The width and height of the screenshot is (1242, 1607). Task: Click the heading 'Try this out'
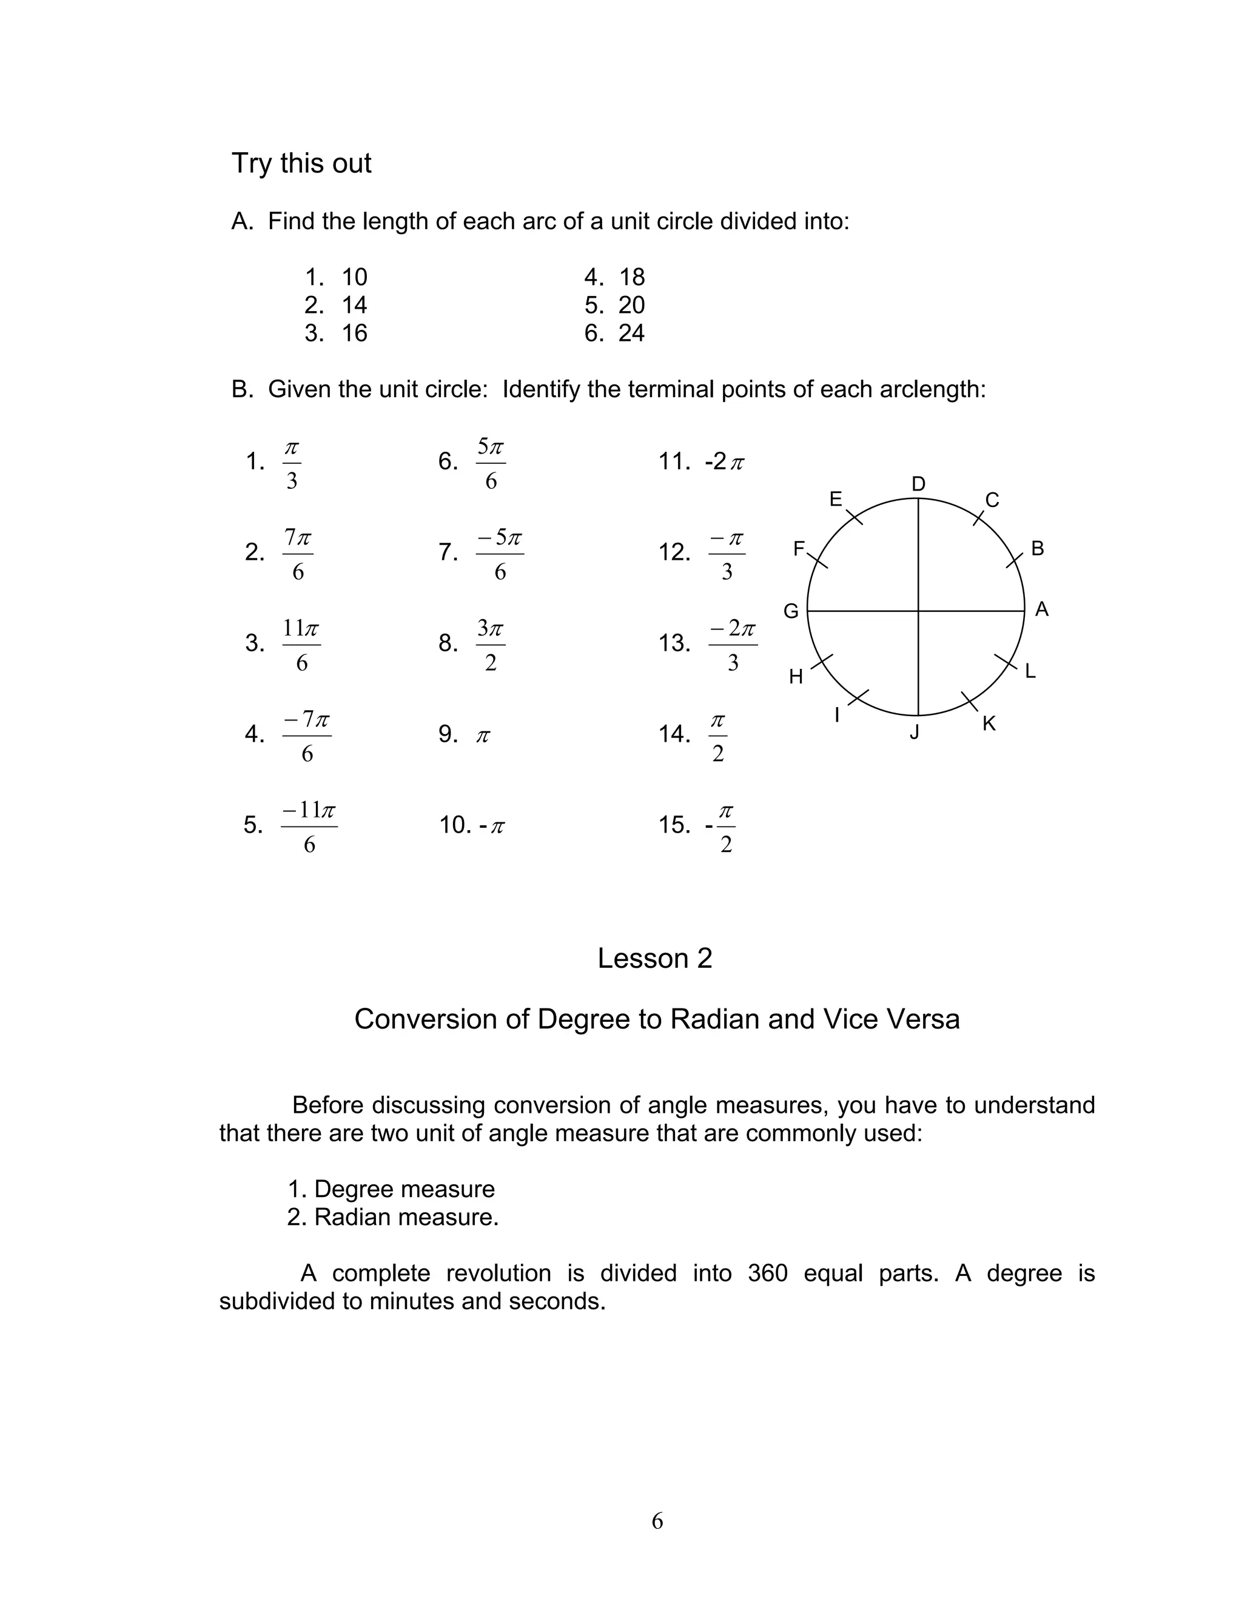301,163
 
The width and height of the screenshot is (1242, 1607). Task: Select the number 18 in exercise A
631,277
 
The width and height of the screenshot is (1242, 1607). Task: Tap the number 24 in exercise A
631,334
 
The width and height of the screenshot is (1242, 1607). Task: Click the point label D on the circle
918,484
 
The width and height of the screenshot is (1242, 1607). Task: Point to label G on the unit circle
791,611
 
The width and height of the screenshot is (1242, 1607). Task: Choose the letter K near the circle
989,724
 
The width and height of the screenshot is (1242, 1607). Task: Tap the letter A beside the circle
1042,609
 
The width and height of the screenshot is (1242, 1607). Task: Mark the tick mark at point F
819,562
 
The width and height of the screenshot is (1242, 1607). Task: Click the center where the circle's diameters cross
918,611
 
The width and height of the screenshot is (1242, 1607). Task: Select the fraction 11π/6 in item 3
301,645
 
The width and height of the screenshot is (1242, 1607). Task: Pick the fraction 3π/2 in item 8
491,645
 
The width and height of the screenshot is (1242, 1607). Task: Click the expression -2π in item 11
725,462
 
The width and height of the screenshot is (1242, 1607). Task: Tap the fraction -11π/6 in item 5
309,827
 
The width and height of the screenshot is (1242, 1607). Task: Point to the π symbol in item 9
483,735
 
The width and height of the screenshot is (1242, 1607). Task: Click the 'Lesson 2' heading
655,958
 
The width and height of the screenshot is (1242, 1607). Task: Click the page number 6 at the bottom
657,1521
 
